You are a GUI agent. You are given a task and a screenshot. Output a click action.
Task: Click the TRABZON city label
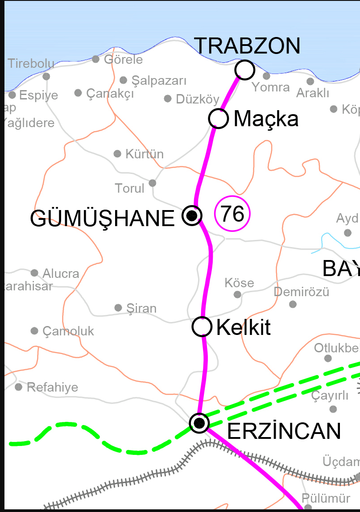coord(248,46)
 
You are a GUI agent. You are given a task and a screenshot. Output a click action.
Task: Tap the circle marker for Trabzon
coord(244,70)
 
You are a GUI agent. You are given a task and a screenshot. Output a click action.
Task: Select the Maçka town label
coord(266,119)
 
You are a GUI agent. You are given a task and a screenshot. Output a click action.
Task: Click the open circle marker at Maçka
coord(219,119)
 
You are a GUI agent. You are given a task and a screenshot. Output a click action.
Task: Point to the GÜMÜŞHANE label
coord(102,219)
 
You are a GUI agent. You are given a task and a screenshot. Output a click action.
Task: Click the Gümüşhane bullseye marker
coord(192,216)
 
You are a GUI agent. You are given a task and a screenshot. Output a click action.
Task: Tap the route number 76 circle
coord(232,214)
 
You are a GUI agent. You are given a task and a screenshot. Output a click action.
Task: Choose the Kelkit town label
coord(243,328)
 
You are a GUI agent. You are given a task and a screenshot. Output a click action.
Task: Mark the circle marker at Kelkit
coord(202,326)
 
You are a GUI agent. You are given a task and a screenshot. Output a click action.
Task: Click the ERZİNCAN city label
coord(284,431)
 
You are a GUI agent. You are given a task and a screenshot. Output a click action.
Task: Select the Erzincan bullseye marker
coord(199,422)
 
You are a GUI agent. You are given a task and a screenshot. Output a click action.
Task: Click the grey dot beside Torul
coord(153,183)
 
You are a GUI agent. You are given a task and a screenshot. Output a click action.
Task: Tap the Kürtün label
coord(145,154)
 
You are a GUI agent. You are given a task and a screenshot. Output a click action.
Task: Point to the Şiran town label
coord(141,308)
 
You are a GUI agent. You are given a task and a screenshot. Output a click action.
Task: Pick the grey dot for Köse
coord(237,294)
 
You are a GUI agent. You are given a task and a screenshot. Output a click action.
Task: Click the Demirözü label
coord(302,292)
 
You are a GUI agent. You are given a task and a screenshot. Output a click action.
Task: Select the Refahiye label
coord(52,387)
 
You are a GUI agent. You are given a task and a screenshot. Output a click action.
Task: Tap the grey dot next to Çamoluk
coord(34,330)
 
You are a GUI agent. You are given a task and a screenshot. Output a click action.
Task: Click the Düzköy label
coord(198,99)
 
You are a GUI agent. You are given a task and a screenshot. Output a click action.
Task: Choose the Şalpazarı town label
coord(159,81)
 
